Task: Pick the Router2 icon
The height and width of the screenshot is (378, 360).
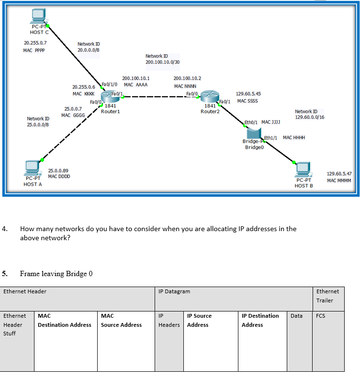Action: (209, 98)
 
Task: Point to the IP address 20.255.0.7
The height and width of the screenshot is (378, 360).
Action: (35, 43)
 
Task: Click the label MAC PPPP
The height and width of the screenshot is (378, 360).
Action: (34, 51)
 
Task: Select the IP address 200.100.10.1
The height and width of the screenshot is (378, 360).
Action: (136, 78)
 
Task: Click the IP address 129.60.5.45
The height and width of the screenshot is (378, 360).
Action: (248, 94)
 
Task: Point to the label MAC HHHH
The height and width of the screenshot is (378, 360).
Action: (294, 138)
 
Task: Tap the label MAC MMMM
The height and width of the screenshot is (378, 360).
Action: (339, 180)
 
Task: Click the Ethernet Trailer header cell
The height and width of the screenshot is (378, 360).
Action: (327, 296)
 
